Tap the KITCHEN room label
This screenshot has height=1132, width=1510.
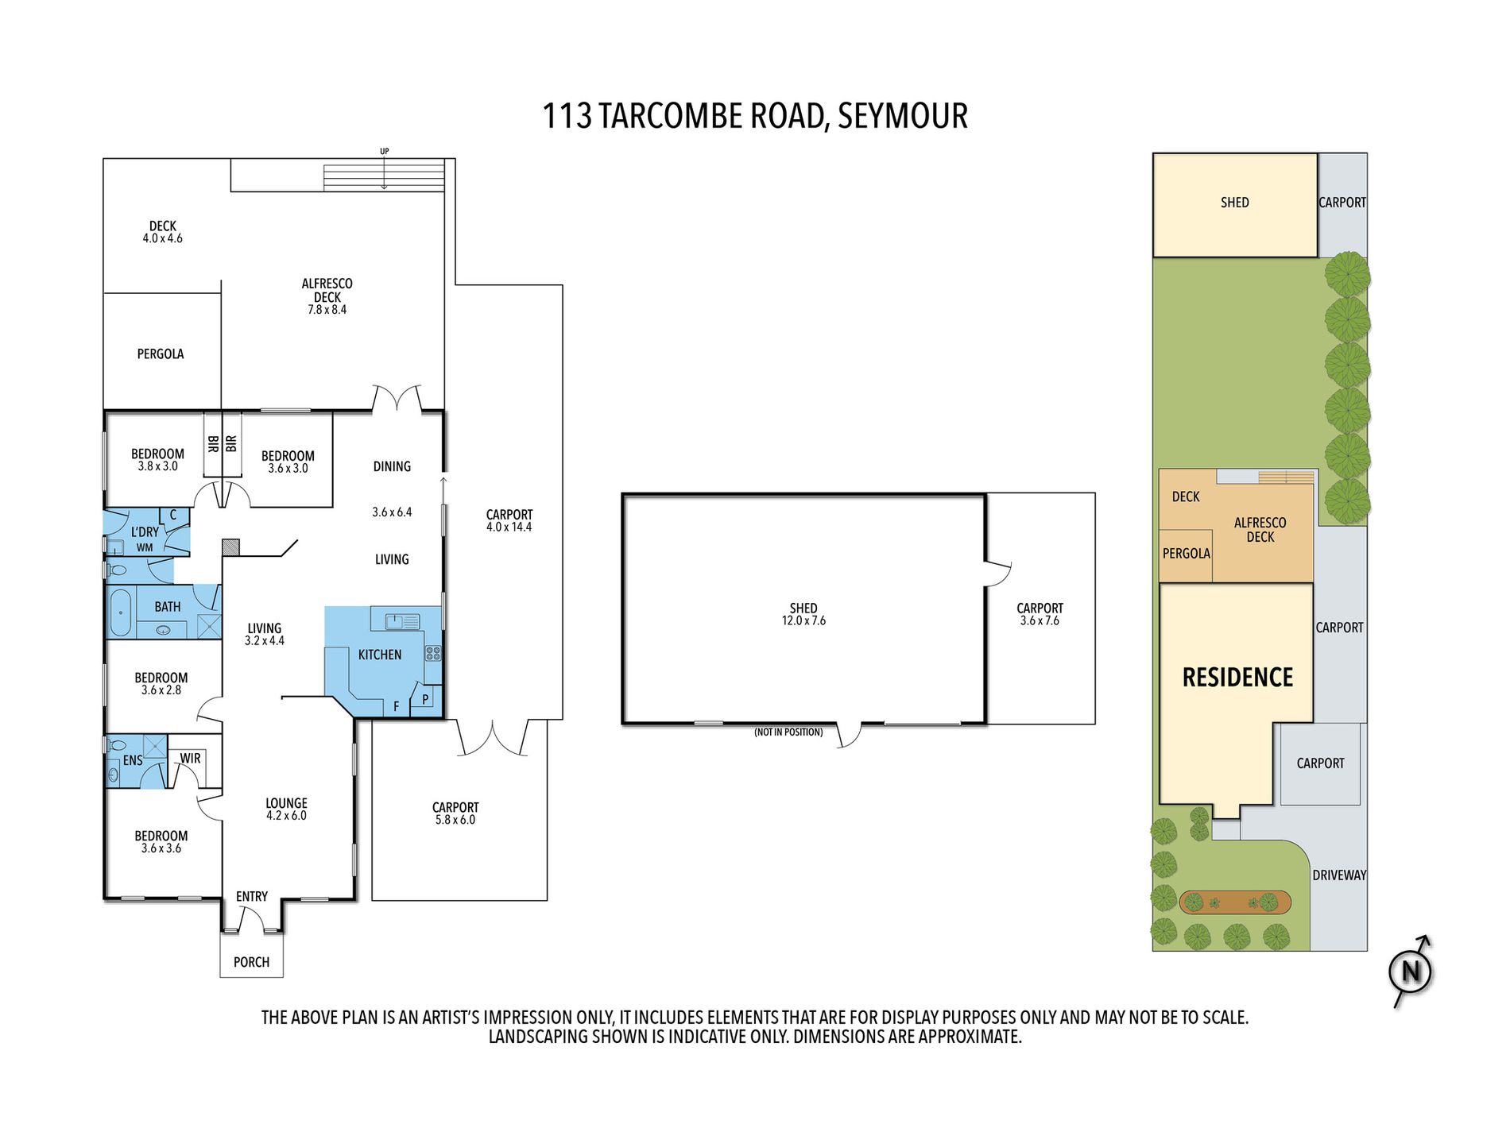coord(380,655)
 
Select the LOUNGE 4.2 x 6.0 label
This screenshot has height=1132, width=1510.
coord(286,809)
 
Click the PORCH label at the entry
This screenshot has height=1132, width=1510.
coord(251,962)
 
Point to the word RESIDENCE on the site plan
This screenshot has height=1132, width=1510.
coord(1237,677)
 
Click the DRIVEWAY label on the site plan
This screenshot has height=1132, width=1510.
coord(1339,875)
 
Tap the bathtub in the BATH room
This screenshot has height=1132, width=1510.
coord(120,612)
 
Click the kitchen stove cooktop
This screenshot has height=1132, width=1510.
coord(433,654)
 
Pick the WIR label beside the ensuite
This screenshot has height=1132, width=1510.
coord(190,758)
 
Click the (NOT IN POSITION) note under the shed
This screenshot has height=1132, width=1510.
coord(788,732)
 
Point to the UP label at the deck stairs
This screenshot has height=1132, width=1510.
coord(385,151)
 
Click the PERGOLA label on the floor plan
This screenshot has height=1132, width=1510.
coord(161,354)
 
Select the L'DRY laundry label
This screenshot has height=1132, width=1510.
coord(145,531)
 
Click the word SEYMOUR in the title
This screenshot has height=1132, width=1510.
coord(903,116)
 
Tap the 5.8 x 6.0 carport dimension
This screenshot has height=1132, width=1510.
coord(455,820)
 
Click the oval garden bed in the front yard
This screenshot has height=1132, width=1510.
coord(1235,902)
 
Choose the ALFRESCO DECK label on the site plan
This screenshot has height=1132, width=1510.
coord(1260,530)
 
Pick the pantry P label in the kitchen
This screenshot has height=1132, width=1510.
coord(425,699)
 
